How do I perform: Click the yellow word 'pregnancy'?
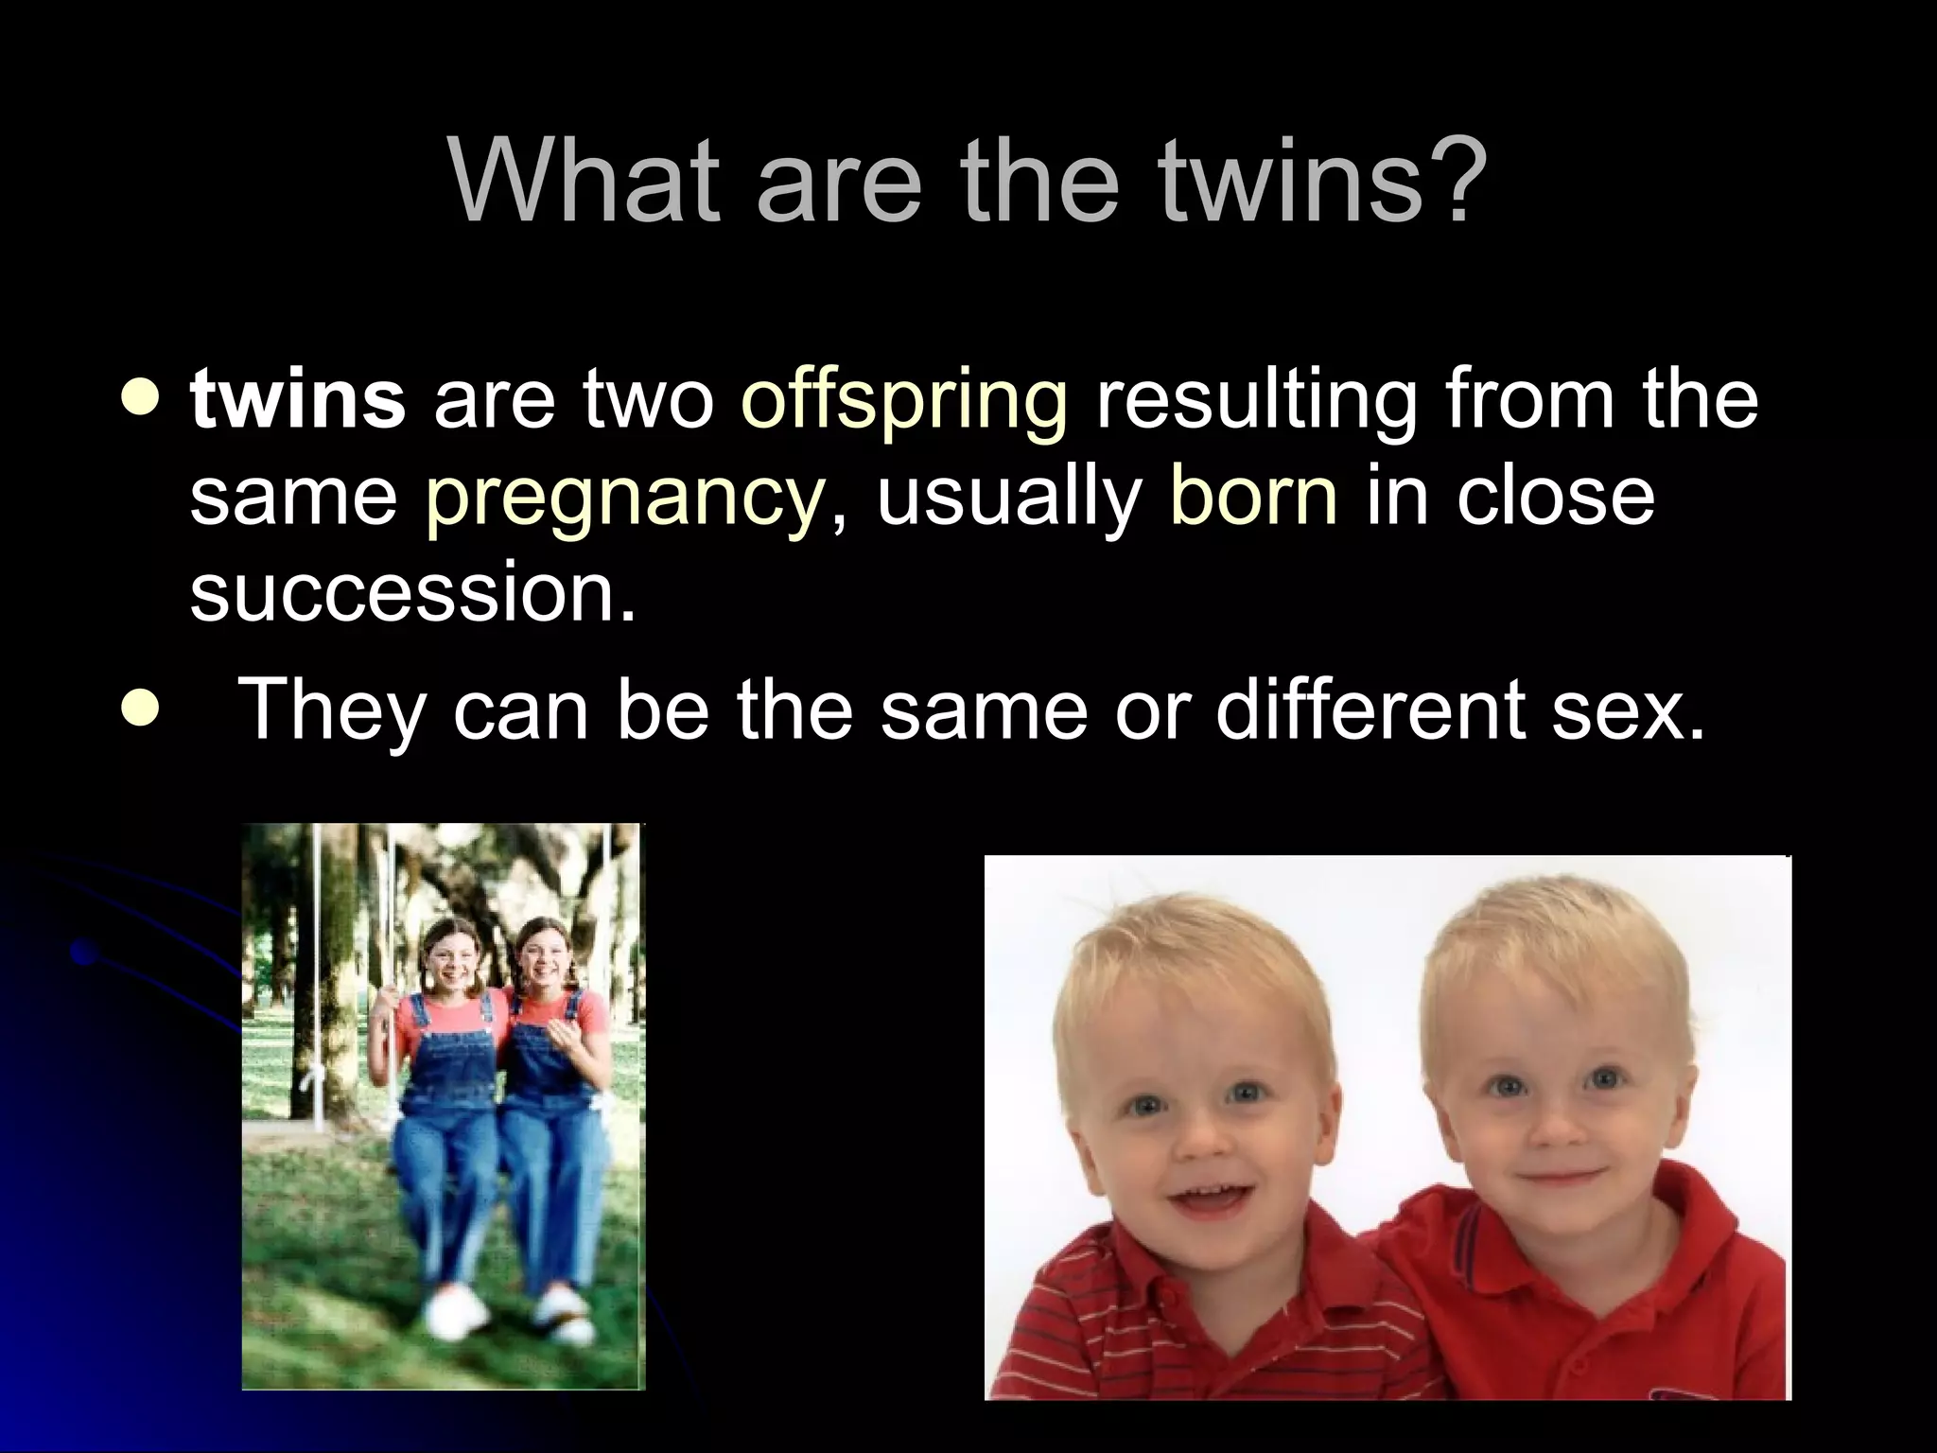(x=624, y=499)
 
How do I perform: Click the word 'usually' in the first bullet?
(x=1008, y=499)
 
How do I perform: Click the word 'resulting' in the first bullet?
(x=1254, y=399)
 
